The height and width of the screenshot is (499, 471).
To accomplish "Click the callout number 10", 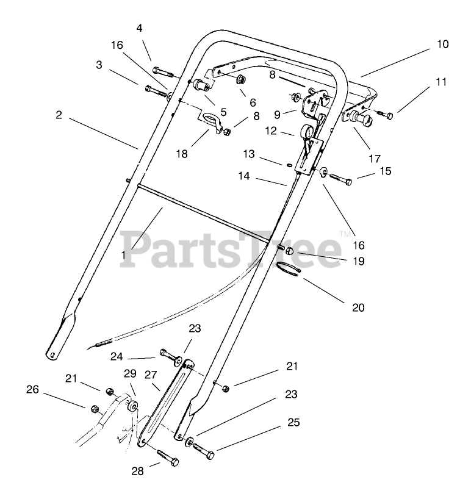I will (442, 44).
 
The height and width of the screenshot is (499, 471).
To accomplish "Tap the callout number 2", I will (59, 114).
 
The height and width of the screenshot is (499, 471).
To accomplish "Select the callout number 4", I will (139, 28).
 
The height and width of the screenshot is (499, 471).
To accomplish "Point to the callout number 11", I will (442, 81).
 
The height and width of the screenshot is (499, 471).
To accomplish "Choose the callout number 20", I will (358, 307).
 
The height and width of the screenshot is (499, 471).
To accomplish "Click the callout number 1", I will (124, 255).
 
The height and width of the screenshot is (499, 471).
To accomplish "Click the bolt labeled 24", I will (168, 354).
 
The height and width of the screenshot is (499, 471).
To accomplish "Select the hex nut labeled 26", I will (95, 409).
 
